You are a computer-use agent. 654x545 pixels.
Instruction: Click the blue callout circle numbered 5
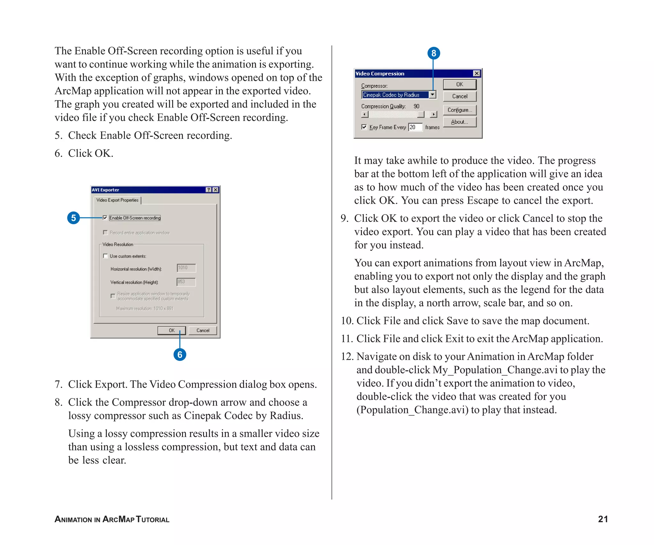tap(73, 218)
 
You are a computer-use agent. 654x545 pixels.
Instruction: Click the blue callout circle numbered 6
tap(180, 354)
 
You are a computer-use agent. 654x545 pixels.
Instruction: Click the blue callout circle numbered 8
tap(433, 53)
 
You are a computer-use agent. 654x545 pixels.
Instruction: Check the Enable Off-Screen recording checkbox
tap(105, 218)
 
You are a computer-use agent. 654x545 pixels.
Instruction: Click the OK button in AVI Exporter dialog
tap(171, 330)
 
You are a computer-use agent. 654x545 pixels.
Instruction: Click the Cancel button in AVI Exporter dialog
tap(203, 330)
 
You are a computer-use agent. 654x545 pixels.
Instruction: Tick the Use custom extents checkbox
tap(105, 256)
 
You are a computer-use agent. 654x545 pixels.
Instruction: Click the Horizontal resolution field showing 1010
tap(186, 268)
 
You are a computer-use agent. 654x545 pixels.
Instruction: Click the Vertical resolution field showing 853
tap(186, 282)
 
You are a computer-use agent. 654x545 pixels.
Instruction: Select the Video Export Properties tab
tap(117, 200)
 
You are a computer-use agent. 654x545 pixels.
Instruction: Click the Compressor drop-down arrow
tap(432, 95)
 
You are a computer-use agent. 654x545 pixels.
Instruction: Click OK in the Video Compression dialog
tap(460, 84)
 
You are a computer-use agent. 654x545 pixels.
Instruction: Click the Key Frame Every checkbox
tap(364, 127)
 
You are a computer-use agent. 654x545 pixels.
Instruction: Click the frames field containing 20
tap(415, 127)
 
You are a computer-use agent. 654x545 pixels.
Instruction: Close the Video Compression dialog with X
tap(476, 73)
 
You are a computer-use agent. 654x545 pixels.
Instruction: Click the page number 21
tap(603, 519)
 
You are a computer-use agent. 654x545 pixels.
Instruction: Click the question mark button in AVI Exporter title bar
tap(209, 190)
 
